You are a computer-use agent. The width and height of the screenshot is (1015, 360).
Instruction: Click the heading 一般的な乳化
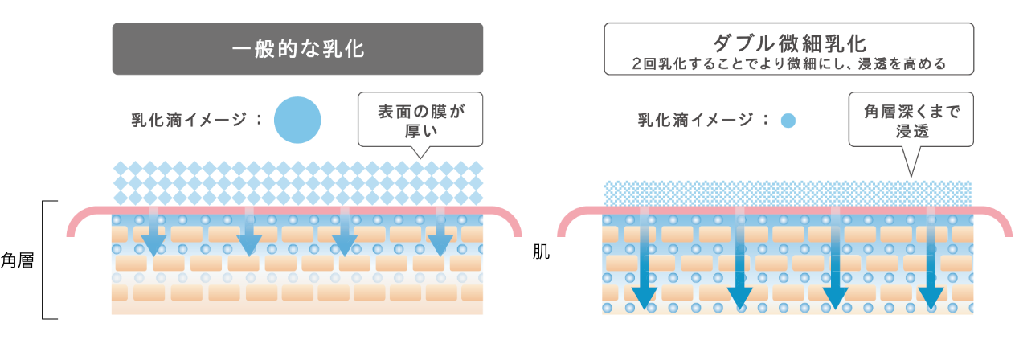pyautogui.click(x=297, y=50)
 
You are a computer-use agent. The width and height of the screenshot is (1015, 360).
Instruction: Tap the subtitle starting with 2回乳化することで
pyautogui.click(x=788, y=63)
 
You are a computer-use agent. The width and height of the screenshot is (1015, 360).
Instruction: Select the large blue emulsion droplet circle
pyautogui.click(x=297, y=120)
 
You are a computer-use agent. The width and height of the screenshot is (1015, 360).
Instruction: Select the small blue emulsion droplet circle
pyautogui.click(x=788, y=121)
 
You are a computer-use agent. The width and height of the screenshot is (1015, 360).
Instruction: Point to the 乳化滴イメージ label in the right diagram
pyautogui.click(x=699, y=121)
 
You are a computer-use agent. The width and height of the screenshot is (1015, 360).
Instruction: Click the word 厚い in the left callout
pyautogui.click(x=420, y=131)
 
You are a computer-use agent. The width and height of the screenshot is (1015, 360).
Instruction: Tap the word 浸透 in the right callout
pyautogui.click(x=911, y=131)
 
